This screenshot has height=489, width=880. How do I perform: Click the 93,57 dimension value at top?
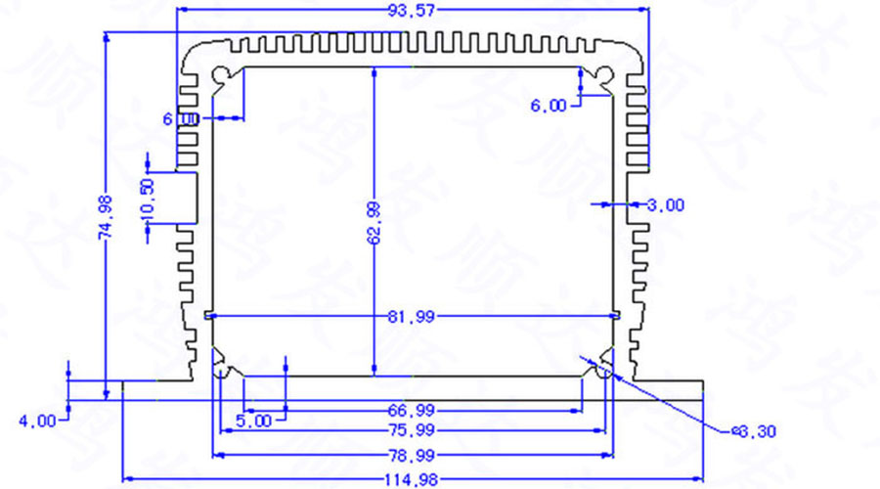(412, 12)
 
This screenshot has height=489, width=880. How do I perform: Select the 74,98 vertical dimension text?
(107, 216)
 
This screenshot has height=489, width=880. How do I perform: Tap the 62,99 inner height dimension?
(374, 221)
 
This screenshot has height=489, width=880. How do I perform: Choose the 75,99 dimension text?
(412, 430)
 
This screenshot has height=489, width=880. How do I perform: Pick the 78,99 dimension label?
(412, 455)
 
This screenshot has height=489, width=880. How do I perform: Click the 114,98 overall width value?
(412, 479)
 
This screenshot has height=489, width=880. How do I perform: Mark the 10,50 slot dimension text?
(148, 199)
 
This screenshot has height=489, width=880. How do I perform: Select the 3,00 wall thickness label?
(666, 204)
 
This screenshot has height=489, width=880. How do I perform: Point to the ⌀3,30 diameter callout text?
(755, 430)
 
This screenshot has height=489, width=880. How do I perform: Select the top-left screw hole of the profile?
(224, 74)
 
